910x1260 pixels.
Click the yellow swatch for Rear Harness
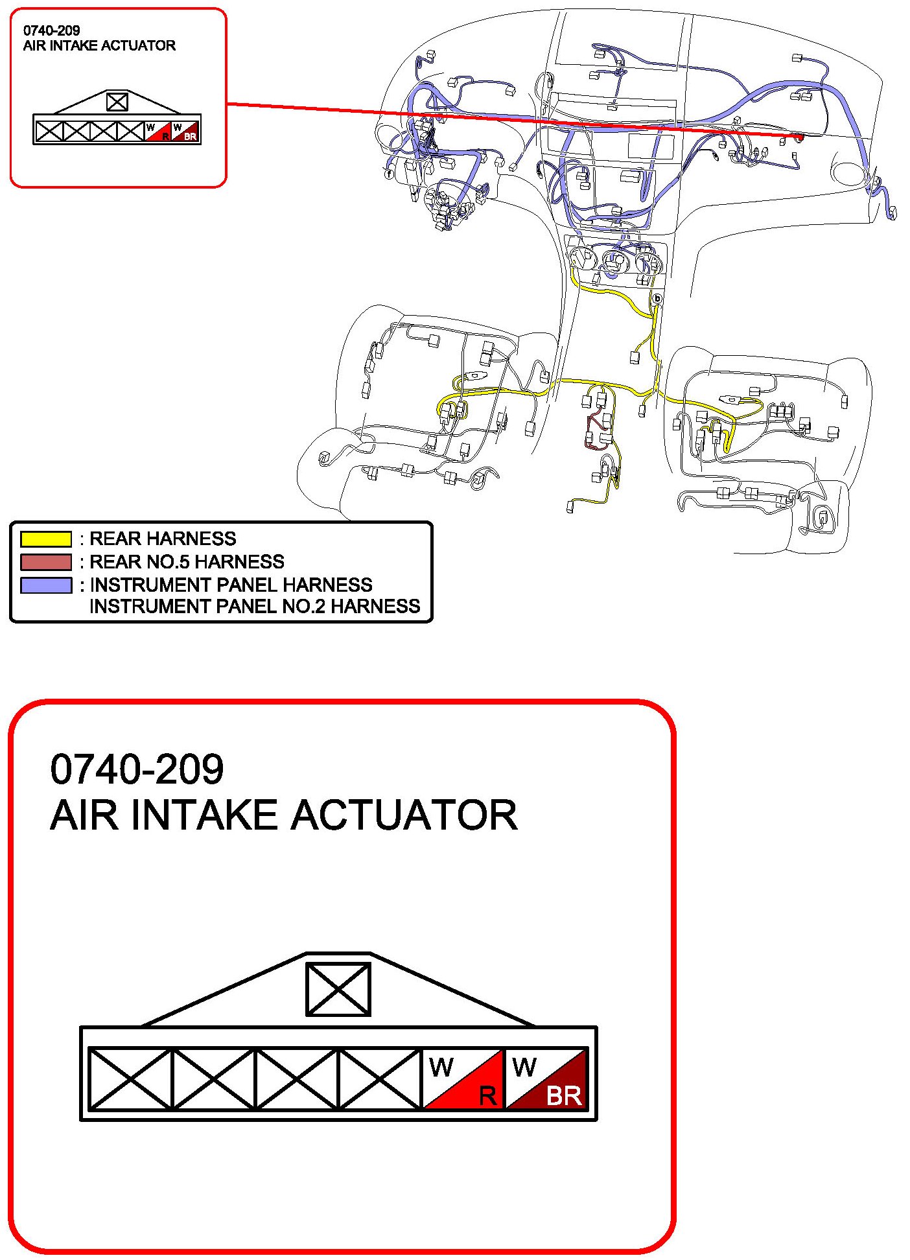[x=45, y=539]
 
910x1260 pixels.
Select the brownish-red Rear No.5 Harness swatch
[x=45, y=561]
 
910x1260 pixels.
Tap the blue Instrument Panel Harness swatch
[x=45, y=585]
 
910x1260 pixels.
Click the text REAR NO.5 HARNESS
[x=187, y=561]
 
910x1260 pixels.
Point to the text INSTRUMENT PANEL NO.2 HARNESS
[x=255, y=606]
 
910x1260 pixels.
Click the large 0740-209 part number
[x=137, y=769]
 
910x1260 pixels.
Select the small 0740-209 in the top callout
[x=51, y=30]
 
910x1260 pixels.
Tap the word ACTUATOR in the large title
[x=404, y=815]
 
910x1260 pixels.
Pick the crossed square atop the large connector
[x=338, y=989]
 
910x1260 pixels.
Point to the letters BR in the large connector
[x=563, y=1096]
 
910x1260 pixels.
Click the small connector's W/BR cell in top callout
[x=185, y=131]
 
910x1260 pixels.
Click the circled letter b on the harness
[x=657, y=299]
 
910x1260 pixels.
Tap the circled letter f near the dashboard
[x=389, y=174]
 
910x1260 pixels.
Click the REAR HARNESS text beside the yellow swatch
[x=162, y=539]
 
